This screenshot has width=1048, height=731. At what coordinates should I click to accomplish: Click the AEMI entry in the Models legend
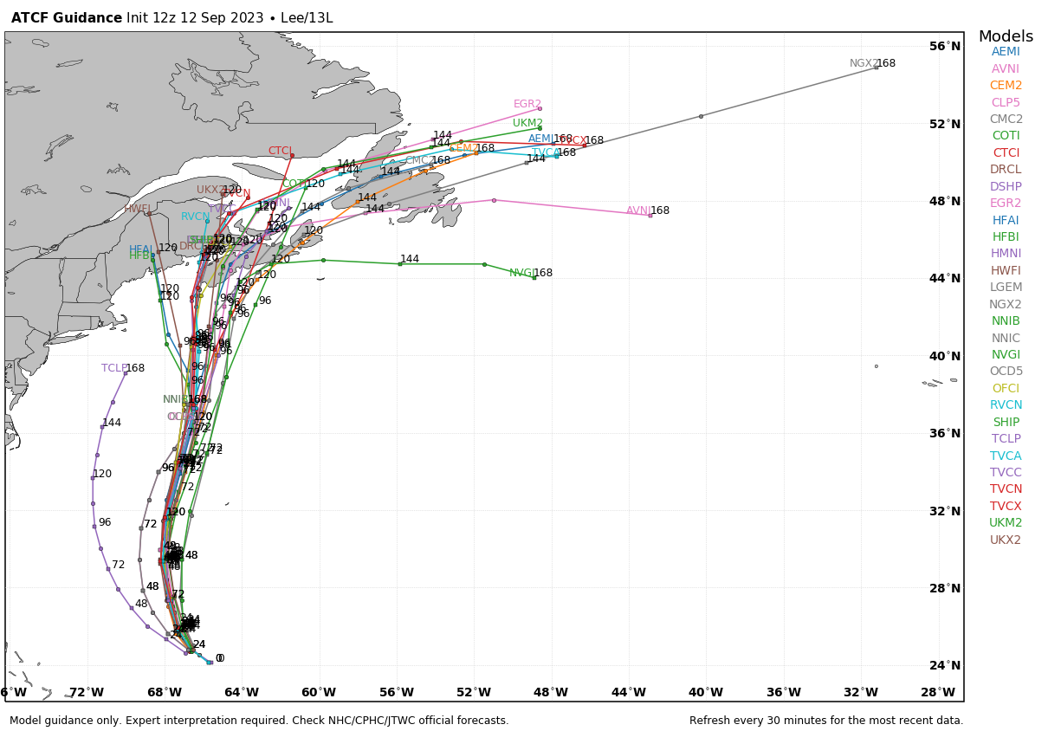point(1006,52)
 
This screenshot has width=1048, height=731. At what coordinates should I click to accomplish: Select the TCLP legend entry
point(1006,439)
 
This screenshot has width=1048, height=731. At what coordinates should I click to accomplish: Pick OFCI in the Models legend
point(1006,389)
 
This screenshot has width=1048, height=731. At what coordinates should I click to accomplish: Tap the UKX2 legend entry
point(1006,540)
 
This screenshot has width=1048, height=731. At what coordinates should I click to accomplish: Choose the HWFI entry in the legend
point(1006,271)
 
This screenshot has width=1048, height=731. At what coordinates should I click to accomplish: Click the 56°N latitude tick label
point(945,47)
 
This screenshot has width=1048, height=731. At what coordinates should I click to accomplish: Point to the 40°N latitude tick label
point(945,356)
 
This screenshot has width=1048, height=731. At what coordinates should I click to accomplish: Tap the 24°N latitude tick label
point(945,666)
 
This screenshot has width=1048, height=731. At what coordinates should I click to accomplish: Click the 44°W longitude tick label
point(629,693)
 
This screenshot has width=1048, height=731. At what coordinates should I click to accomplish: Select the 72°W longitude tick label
point(87,693)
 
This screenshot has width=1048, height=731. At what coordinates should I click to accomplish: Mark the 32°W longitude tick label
point(861,693)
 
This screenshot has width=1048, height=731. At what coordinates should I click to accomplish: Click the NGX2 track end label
point(864,64)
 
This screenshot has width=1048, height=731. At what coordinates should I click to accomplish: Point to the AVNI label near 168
point(638,211)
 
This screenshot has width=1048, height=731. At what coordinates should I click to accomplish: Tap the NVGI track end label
point(521,273)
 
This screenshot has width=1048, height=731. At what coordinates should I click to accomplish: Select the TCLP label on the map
point(113,368)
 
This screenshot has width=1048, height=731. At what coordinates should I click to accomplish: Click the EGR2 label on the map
point(527,105)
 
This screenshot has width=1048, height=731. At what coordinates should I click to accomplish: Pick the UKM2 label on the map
point(527,124)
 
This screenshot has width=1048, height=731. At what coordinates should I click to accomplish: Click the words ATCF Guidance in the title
point(67,18)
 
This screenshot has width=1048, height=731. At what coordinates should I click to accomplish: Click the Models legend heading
point(1006,37)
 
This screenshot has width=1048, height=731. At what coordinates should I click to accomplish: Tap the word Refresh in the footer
point(714,721)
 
